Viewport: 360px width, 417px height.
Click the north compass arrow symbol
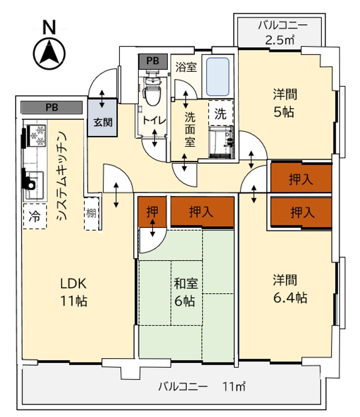click(x=50, y=52)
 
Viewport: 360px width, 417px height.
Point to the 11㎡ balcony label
click(x=202, y=387)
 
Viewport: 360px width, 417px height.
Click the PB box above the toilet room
click(x=153, y=62)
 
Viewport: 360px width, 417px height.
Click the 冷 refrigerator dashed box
click(x=35, y=218)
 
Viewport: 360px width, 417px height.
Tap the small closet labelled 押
click(x=153, y=211)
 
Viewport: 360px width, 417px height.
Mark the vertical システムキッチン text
click(x=61, y=176)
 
